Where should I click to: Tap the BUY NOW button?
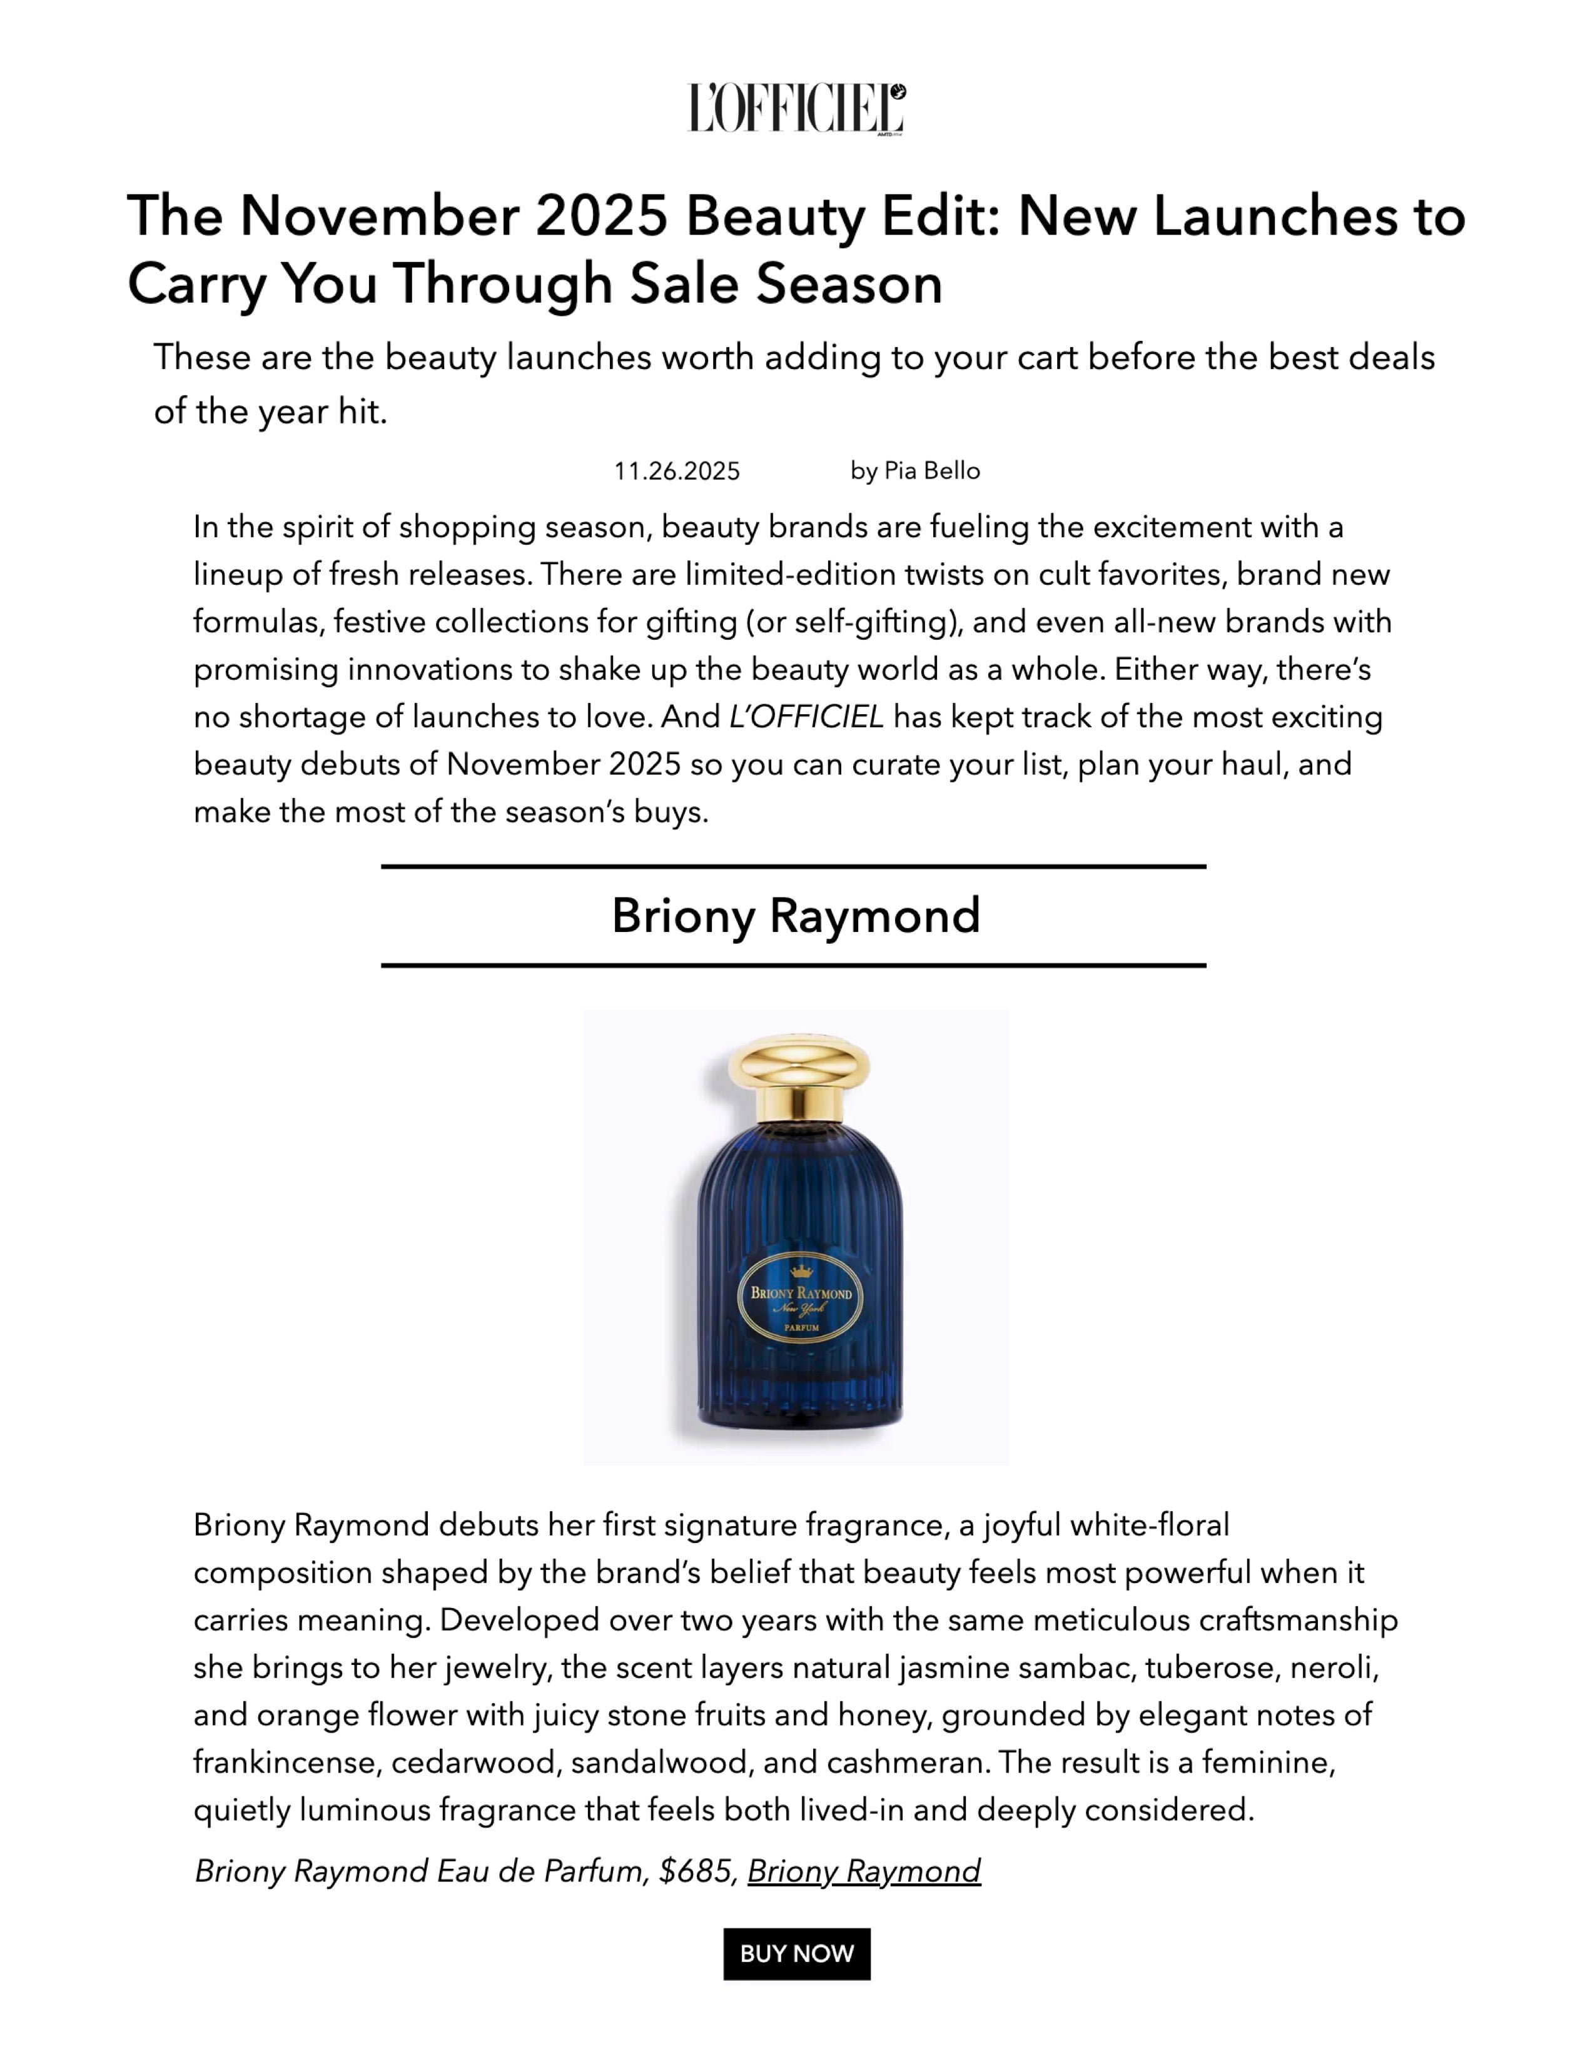(796, 1953)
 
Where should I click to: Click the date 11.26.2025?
(677, 470)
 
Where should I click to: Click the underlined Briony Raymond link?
(864, 1871)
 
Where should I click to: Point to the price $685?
(697, 1871)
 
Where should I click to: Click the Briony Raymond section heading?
(796, 916)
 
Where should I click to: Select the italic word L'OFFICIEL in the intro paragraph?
(806, 716)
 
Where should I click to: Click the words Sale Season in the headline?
(786, 283)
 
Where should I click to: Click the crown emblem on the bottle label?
(801, 1270)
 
